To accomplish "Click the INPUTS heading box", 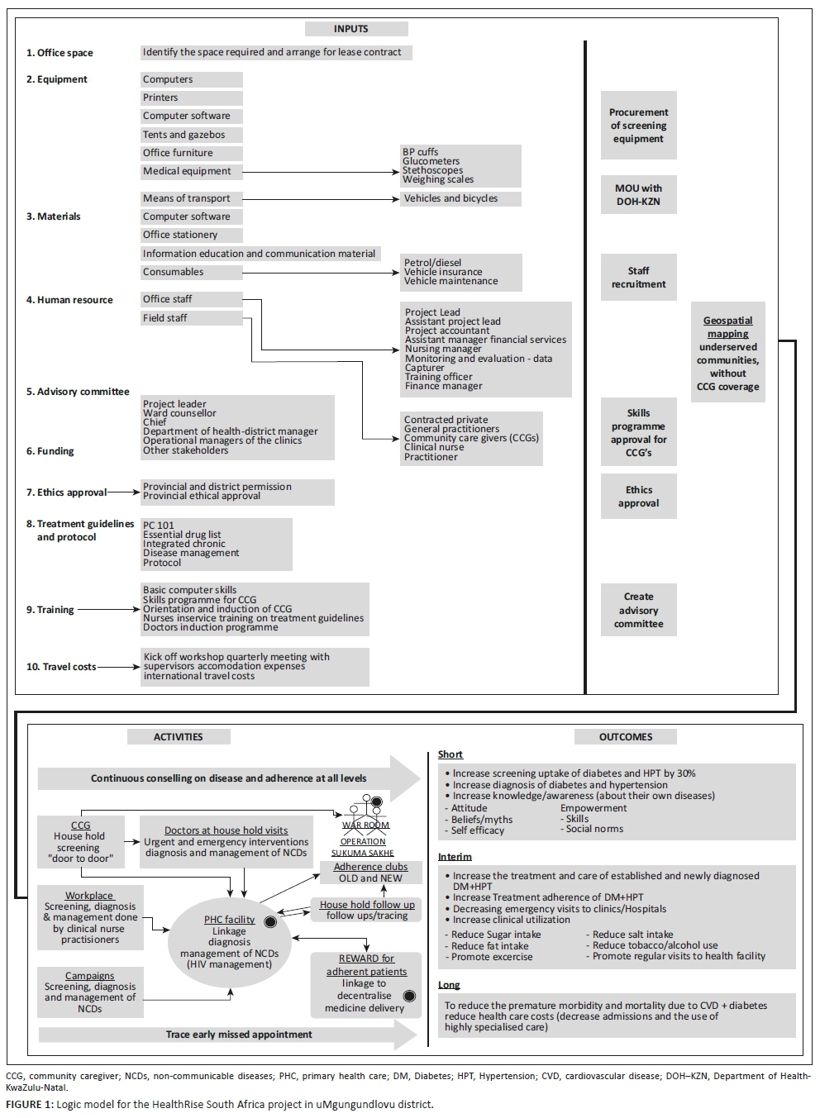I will coord(356,29).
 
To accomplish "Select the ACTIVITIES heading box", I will coord(179,737).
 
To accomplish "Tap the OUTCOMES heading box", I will coord(625,737).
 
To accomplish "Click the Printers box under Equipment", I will coord(192,98).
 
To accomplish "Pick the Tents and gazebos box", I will coord(192,135).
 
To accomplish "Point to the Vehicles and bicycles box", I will coord(460,198).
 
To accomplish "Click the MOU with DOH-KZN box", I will coord(639,195).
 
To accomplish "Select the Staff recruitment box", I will coord(639,278).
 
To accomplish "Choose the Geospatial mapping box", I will coord(728,353).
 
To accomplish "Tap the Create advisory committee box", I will coord(639,611).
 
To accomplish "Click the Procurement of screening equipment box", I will coord(639,126).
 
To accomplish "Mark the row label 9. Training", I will coord(50,610).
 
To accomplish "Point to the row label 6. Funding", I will coord(50,451).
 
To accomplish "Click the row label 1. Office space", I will coord(60,53).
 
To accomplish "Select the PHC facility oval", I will coord(230,942).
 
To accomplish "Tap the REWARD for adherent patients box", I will coord(366,983).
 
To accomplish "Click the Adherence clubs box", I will coord(370,873).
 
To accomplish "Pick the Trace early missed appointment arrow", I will coord(227,1035).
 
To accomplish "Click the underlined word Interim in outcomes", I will coord(455,857).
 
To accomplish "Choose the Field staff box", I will coord(192,318).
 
